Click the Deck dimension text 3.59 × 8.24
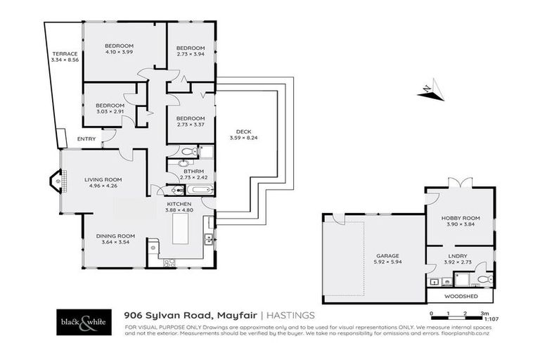click(244, 138)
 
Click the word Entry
click(86, 139)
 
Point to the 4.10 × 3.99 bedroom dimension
click(119, 51)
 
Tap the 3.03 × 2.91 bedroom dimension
click(110, 111)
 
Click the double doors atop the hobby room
click(461, 184)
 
